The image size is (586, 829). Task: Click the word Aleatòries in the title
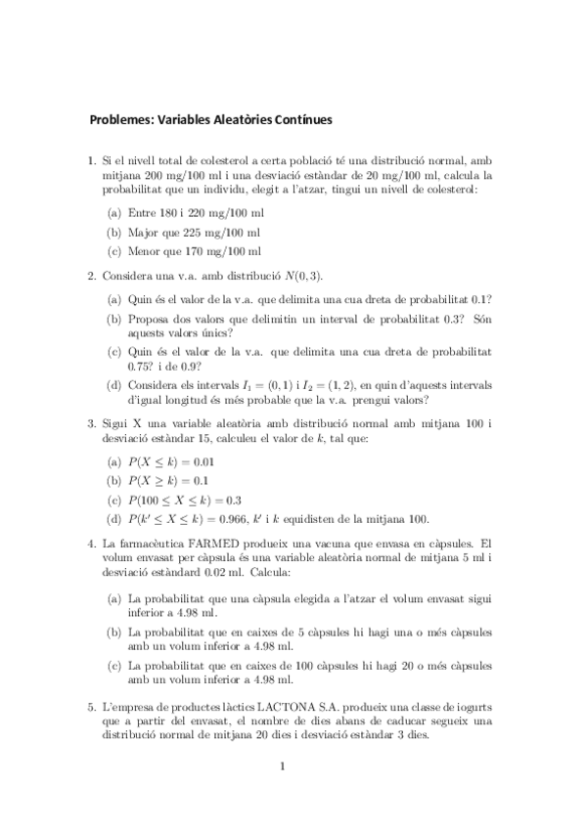click(247, 121)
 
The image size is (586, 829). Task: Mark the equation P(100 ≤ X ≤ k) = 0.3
click(186, 500)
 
